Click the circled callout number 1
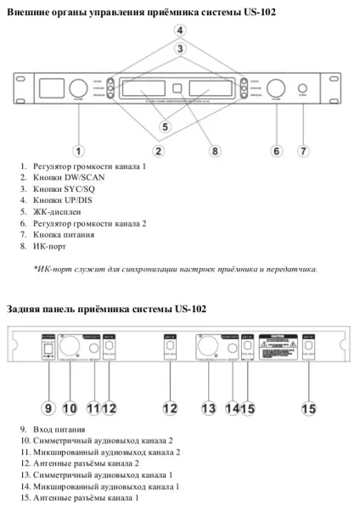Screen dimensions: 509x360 (x=79, y=151)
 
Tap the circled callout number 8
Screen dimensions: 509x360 (x=215, y=151)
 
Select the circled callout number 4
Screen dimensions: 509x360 (x=180, y=30)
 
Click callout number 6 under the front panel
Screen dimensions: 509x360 (x=276, y=151)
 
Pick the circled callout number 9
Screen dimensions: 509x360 (x=48, y=408)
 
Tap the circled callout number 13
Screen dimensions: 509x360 (x=208, y=408)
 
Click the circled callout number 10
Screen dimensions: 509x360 (x=70, y=408)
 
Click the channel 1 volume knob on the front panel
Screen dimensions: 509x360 (x=77, y=87)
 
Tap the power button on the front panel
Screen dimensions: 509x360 (x=303, y=87)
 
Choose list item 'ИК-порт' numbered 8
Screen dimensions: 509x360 (x=52, y=246)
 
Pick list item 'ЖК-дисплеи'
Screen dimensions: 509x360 (x=59, y=211)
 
